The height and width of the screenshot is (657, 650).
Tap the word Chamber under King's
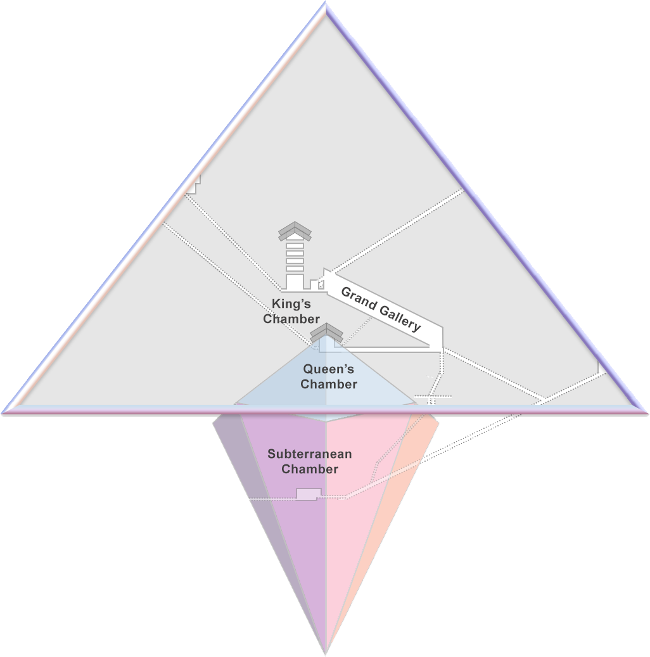tap(291, 319)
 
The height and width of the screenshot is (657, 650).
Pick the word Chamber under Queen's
tap(329, 384)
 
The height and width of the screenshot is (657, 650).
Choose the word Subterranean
tap(309, 454)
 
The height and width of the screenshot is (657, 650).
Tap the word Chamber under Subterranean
tap(310, 469)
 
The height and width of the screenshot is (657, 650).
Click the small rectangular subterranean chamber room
tap(309, 494)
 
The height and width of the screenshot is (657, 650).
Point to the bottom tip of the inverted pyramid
tap(326, 653)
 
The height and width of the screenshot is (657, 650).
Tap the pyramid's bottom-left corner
tap(4, 412)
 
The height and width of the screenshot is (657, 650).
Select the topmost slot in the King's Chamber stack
tap(295, 245)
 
